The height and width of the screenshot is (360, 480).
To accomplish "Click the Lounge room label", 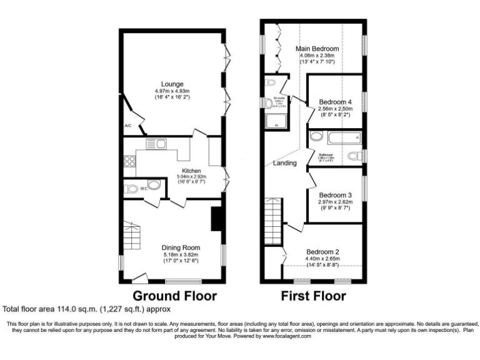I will point(172,84).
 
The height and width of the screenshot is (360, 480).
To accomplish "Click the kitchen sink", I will point(155,144).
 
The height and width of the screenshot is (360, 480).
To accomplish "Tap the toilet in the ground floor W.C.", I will point(132,188).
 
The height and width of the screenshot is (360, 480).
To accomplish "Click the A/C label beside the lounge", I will point(128,126).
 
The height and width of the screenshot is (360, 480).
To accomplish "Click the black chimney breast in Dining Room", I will point(216,219).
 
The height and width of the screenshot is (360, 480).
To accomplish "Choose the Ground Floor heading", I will point(174,296).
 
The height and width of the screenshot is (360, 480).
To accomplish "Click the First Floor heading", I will point(314,296).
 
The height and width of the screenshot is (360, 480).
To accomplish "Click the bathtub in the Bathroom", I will point(334,137).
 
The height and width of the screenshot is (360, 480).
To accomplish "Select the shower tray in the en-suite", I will point(273,122).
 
